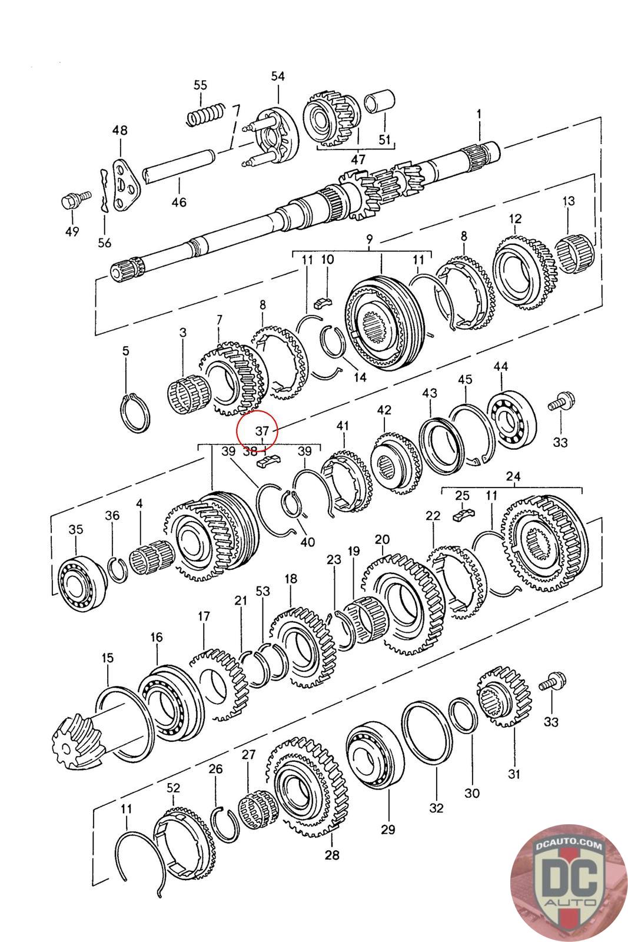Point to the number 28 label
click(332, 854)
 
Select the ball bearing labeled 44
click(513, 419)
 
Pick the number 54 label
click(278, 77)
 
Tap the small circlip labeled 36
click(118, 568)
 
